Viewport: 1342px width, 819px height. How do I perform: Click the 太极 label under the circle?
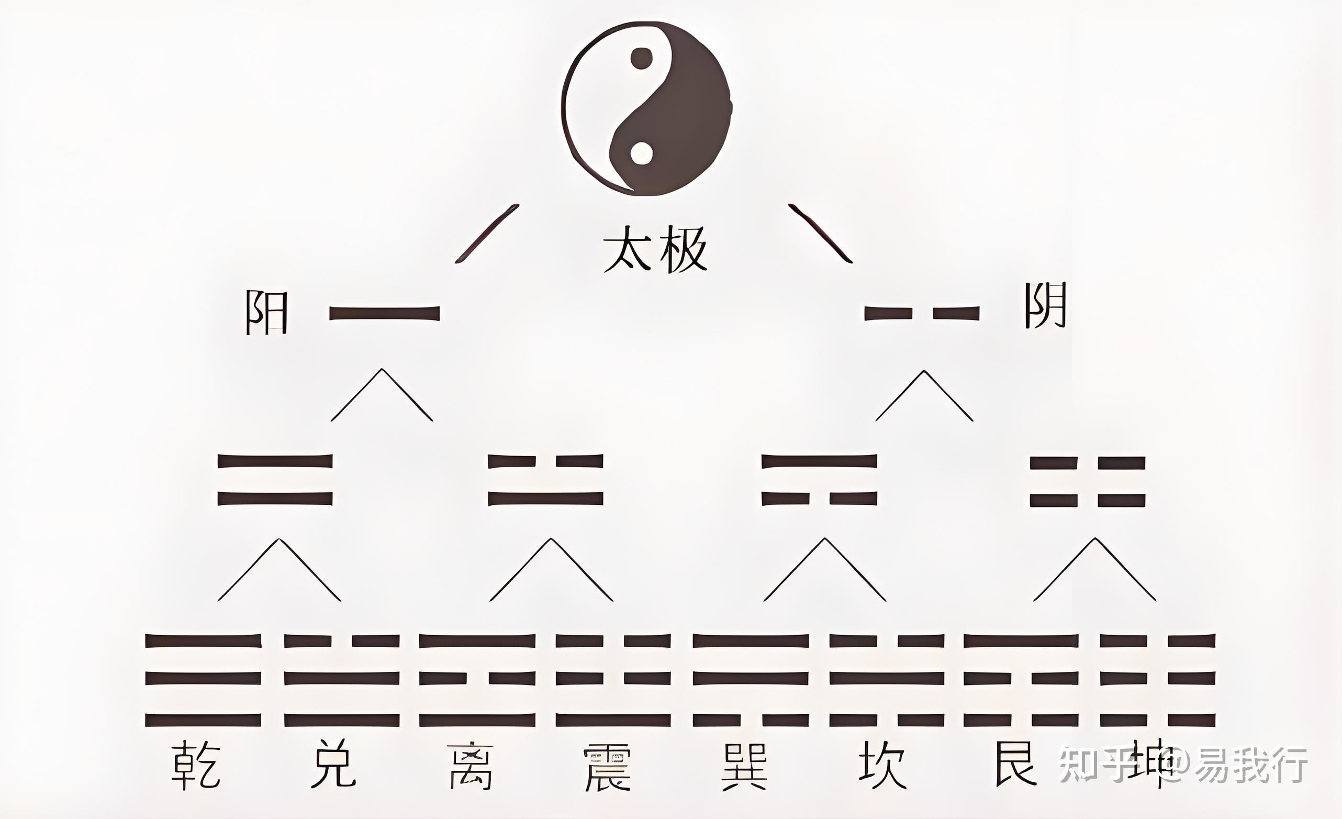pos(655,250)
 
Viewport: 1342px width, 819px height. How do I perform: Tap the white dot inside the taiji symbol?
pos(641,153)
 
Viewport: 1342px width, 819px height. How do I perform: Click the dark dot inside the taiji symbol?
pos(642,58)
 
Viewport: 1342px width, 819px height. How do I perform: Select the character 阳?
pos(265,312)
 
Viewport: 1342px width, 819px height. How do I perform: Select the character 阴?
pos(1045,305)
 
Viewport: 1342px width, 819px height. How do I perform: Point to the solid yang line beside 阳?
pos(385,313)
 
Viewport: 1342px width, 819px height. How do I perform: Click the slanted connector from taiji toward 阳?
pos(486,234)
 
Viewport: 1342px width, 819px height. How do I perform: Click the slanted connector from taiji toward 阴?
pos(821,234)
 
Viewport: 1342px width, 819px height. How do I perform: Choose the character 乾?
pos(196,765)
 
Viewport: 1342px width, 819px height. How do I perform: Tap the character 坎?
pos(882,765)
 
